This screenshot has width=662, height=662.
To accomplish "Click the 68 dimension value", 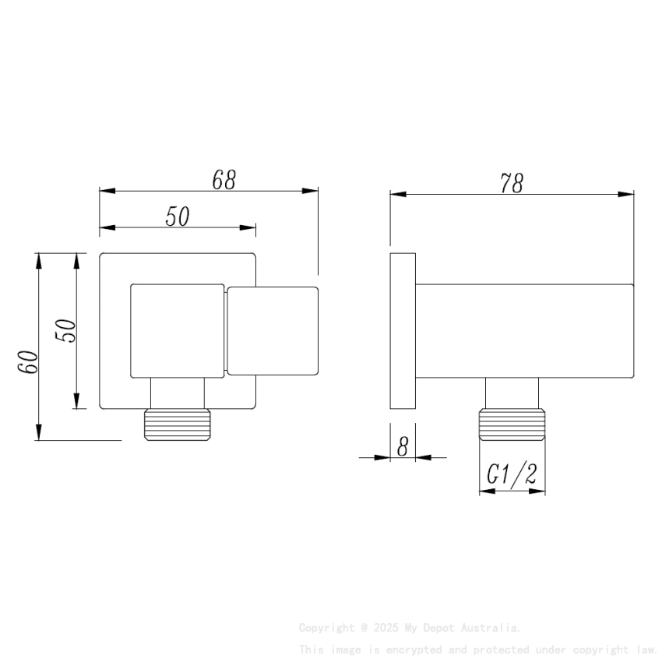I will coord(224,180).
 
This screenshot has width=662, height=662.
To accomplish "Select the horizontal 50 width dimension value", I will coord(178,217).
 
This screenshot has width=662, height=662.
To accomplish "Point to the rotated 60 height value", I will coord(29,361).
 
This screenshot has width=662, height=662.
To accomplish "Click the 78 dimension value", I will coord(512,183).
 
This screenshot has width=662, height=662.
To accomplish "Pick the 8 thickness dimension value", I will coord(403,447).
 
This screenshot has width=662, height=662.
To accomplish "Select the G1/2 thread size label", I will coord(512,474).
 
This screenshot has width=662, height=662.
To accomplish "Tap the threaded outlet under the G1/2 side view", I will coord(512,424).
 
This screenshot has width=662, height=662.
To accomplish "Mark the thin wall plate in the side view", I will coord(402,330).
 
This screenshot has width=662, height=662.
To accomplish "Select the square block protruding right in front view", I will coord(273,330).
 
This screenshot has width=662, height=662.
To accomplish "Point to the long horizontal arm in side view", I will coord(524,330).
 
